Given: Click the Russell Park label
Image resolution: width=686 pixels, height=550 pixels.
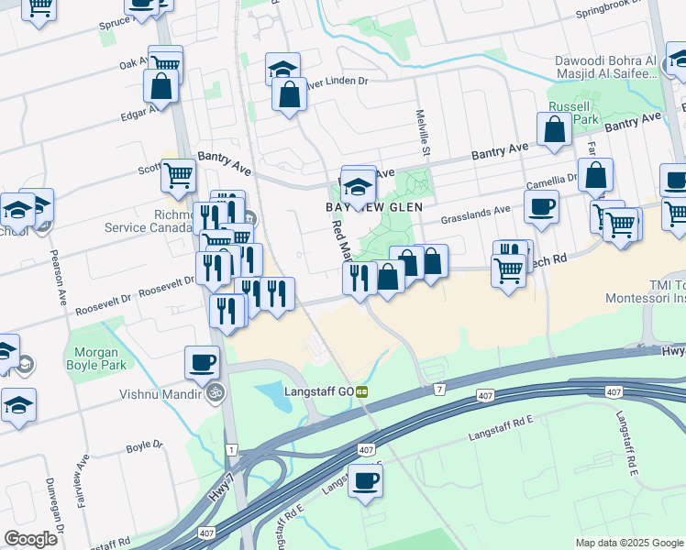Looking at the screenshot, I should click(573, 113).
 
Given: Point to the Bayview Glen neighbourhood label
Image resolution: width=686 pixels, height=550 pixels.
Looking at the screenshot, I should click(375, 208).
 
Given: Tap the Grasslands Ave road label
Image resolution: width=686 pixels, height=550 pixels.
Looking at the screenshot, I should click(474, 216).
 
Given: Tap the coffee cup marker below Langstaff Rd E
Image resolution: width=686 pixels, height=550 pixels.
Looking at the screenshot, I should click(365, 480).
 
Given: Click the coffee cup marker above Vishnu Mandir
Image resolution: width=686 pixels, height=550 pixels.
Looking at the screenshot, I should click(202, 362).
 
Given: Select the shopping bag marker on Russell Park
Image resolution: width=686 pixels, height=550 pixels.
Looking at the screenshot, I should click(556, 130).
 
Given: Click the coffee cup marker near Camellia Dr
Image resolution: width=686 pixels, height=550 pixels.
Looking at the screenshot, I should click(541, 206).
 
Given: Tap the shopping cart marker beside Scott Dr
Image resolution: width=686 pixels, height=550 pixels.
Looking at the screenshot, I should click(178, 174).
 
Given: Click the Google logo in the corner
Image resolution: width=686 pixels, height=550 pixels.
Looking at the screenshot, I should click(30, 539).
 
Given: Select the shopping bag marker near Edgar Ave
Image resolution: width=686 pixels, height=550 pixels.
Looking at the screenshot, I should click(160, 87).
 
